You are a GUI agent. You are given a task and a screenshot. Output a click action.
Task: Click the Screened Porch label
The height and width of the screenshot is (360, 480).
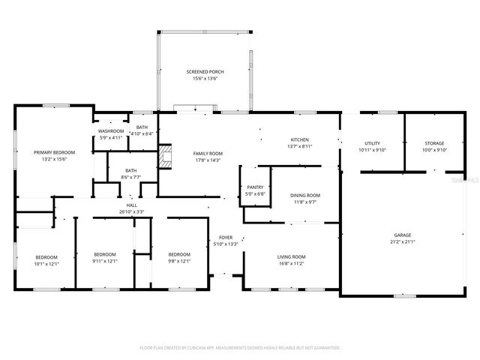pyautogui.click(x=205, y=72)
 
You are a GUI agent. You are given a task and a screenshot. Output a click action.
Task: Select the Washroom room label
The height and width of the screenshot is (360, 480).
pyautogui.click(x=110, y=131)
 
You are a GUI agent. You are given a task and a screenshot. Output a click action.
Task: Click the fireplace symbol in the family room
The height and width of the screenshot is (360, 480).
pyautogui.click(x=165, y=159)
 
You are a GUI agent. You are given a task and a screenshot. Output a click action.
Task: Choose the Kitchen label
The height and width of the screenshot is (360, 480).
pyautogui.click(x=300, y=140)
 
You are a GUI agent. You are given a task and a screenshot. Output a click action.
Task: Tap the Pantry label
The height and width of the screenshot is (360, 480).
pyautogui.click(x=255, y=187)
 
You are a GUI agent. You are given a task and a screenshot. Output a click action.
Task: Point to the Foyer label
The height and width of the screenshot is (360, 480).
pyautogui.click(x=226, y=237)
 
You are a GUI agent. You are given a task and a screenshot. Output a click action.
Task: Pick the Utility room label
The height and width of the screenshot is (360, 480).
pyautogui.click(x=372, y=143)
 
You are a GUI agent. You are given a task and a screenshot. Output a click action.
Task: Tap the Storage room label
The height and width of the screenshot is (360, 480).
pyautogui.click(x=435, y=143)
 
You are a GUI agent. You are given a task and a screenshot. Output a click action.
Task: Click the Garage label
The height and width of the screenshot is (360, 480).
pyautogui.click(x=403, y=235)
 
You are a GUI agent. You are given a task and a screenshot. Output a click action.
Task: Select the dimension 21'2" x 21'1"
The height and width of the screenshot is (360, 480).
pyautogui.click(x=403, y=241)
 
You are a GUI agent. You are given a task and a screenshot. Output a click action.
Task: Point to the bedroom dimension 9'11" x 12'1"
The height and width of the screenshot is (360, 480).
pyautogui.click(x=105, y=261)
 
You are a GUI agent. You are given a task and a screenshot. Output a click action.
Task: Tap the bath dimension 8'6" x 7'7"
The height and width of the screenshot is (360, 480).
pyautogui.click(x=131, y=177)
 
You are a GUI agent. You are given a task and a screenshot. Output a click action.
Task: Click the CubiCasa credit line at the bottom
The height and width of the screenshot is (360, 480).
pyautogui.click(x=240, y=348)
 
